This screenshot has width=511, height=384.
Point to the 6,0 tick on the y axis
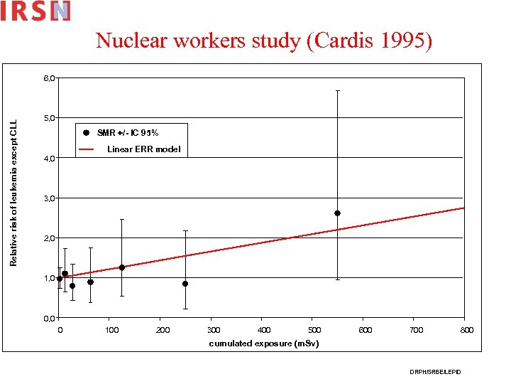click(50, 77)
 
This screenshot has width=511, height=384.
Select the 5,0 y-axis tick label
click(50, 117)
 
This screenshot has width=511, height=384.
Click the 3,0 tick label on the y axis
click(50, 198)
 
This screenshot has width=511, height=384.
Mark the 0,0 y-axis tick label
click(50, 318)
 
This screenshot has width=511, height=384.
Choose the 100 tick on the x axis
click(111, 330)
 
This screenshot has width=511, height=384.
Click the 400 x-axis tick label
click(264, 330)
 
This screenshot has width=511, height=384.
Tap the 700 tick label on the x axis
click(417, 330)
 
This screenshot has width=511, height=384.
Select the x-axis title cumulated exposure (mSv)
click(264, 343)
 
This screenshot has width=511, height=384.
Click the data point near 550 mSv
click(337, 213)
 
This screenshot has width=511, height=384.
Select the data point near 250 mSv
click(185, 284)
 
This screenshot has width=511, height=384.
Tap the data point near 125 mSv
click(122, 267)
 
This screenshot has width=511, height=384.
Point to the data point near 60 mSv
click(90, 282)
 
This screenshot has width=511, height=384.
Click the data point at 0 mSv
click(60, 279)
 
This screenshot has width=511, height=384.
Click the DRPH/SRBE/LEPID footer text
click(434, 373)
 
